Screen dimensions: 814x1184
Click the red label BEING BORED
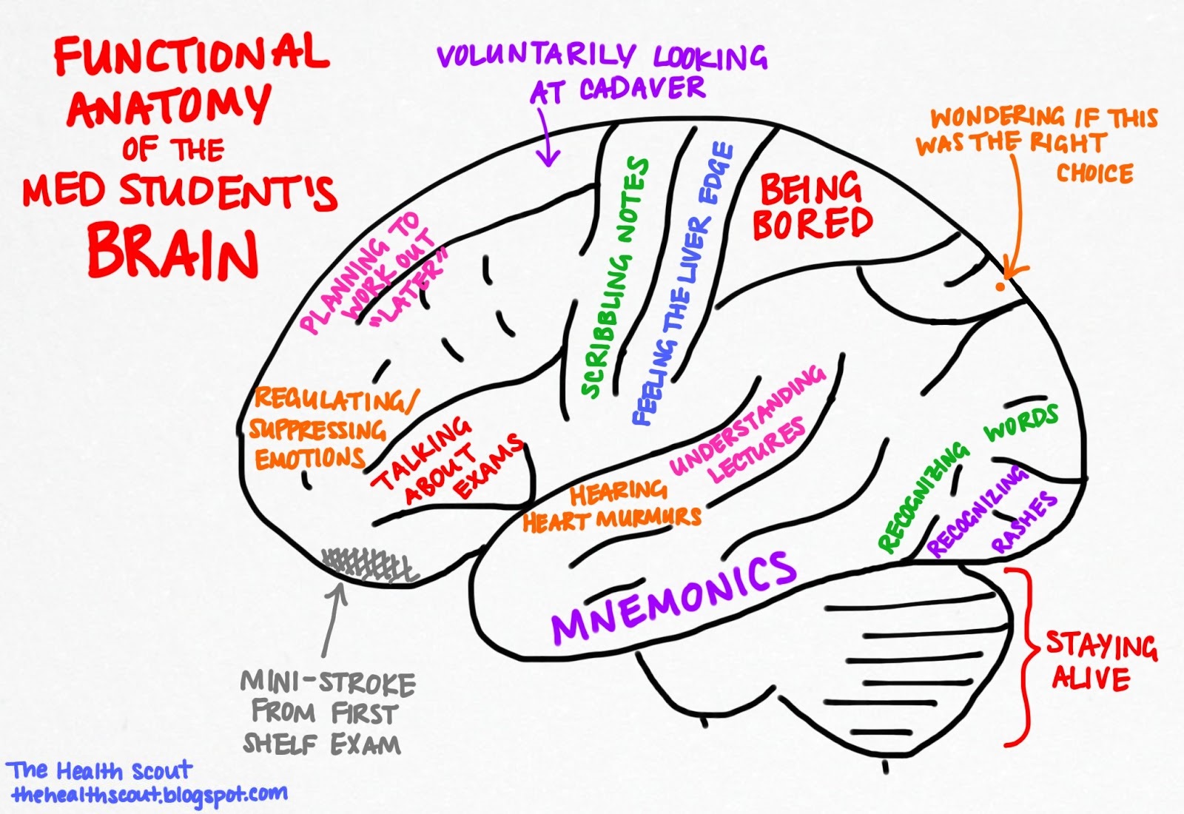pos(812,206)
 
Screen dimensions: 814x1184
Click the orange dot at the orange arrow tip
pos(1000,286)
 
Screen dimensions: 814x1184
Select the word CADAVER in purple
pos(642,89)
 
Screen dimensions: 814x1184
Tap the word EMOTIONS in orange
pos(309,459)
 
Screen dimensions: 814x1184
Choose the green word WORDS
pos(1021,423)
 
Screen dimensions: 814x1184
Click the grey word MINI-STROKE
pos(328,682)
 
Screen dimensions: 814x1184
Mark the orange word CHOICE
pos(1094,173)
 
